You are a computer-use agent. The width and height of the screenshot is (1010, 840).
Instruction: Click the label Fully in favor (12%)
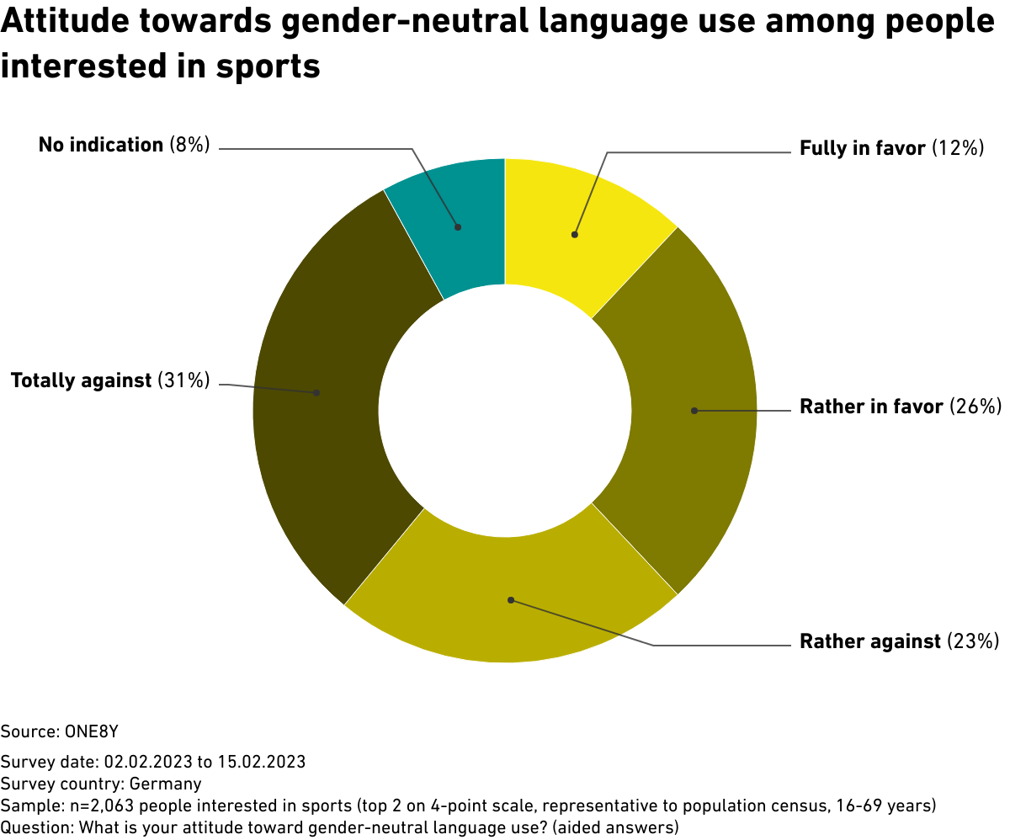[x=891, y=149]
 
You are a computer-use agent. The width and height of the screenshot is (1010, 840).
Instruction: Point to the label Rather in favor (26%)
[x=900, y=407]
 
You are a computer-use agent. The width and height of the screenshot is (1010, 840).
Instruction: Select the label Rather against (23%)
[x=899, y=642]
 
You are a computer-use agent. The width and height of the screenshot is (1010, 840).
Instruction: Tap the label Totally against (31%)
[x=109, y=380]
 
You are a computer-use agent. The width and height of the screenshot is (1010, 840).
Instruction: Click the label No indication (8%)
[x=124, y=145]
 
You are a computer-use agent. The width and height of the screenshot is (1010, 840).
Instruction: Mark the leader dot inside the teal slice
[x=458, y=226]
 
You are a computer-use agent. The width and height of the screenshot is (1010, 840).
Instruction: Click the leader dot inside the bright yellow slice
[x=575, y=235]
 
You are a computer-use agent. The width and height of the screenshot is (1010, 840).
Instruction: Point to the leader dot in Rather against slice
[x=511, y=600]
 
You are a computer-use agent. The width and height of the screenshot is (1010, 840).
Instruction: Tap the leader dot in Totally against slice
[x=316, y=392]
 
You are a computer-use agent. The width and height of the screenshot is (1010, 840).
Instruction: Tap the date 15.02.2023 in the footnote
[x=262, y=763]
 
